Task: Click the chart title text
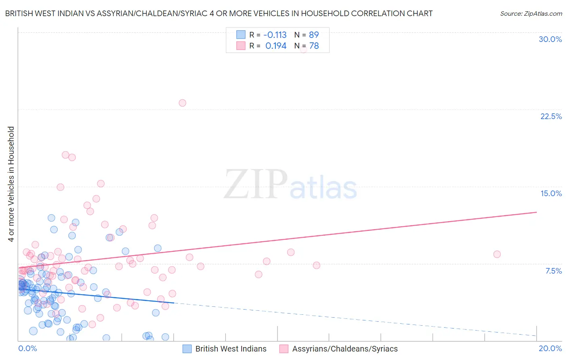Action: pos(219,13)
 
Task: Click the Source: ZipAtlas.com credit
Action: pos(531,13)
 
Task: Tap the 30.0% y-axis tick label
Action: pos(550,39)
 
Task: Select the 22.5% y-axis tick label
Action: pos(551,116)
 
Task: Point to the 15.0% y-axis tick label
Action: pos(551,193)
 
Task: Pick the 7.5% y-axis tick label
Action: pos(553,271)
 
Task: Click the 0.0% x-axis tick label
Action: pos(27,348)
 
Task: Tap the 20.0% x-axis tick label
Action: pos(550,348)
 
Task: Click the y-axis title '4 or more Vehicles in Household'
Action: pos(11,184)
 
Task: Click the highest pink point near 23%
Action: pos(182,103)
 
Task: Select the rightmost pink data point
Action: pos(497,254)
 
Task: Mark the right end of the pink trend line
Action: pos(536,212)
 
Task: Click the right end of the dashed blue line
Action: pos(536,336)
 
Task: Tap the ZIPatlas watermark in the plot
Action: pos(290,185)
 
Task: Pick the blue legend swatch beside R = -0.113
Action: pos(241,35)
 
